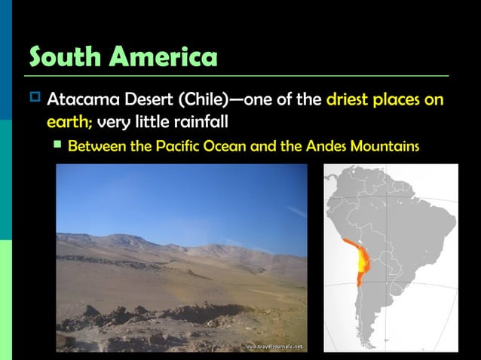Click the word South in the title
point(65,56)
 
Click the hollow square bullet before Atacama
point(32,99)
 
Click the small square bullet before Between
point(57,144)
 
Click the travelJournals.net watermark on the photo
point(274,346)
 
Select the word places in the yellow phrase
point(400,100)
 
